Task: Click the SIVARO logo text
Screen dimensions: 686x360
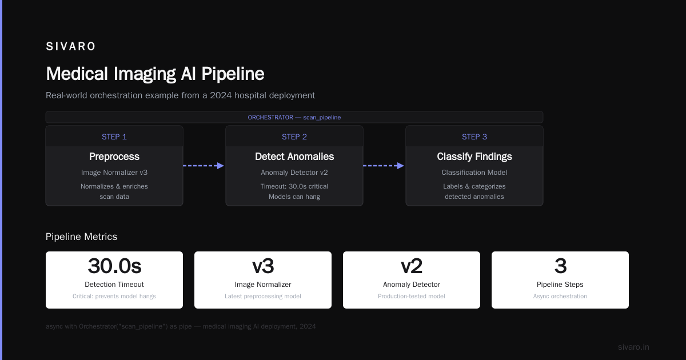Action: tap(70, 46)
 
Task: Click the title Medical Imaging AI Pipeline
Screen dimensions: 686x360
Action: tap(155, 74)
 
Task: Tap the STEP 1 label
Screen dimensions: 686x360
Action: tap(114, 137)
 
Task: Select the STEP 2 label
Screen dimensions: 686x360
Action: tap(294, 137)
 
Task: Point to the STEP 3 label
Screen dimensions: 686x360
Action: tap(474, 137)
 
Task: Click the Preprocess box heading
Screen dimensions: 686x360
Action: tap(114, 157)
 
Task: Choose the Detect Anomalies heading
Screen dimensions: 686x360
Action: tap(294, 157)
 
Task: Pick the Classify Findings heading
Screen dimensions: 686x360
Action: tap(474, 157)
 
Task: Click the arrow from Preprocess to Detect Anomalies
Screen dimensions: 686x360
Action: tap(204, 166)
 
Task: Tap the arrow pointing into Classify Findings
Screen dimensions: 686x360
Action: tap(384, 166)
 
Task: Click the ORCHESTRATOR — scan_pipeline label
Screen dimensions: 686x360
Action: tap(294, 117)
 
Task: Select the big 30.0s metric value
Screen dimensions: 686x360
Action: tap(114, 266)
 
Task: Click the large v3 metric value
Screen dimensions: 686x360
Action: tap(263, 266)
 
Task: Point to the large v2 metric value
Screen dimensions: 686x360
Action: tap(412, 266)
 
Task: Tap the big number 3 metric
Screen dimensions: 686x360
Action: tap(560, 266)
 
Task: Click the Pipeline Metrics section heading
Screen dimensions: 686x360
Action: tap(81, 237)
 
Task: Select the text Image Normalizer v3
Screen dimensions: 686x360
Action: tap(114, 173)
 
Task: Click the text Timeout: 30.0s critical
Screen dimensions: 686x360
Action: tap(294, 186)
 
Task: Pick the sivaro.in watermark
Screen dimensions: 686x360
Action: tap(633, 347)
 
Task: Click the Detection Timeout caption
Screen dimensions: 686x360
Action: tap(114, 285)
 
